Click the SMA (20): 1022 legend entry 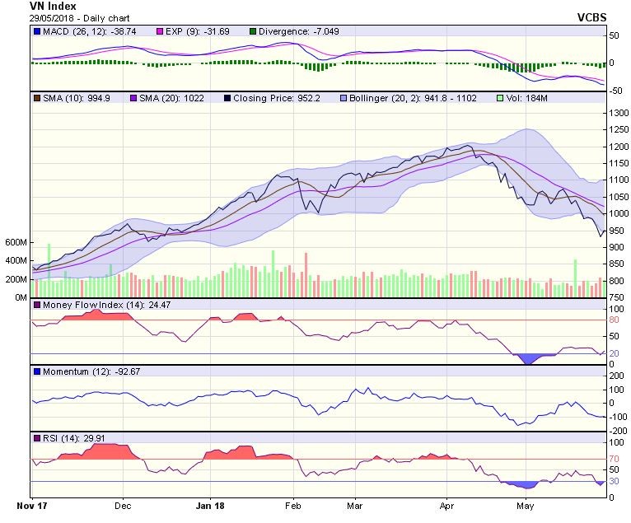click(174, 98)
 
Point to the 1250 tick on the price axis click(618, 129)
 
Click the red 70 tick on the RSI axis click(614, 459)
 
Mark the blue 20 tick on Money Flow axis click(614, 353)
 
